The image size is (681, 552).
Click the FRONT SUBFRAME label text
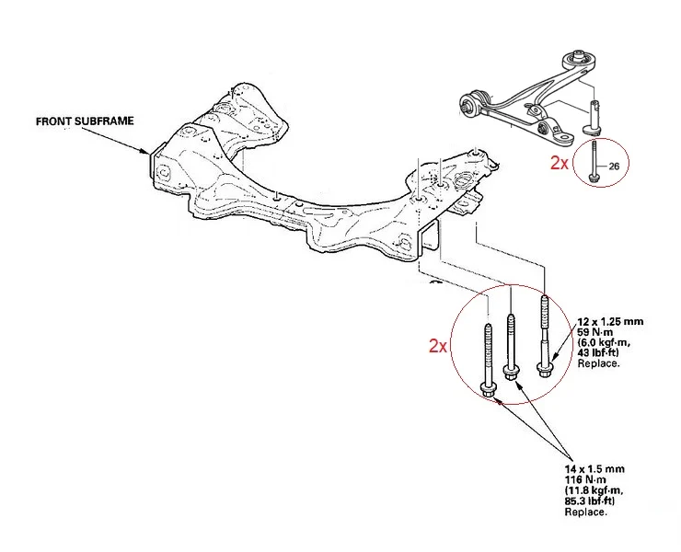(x=85, y=121)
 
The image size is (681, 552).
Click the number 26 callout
(x=614, y=166)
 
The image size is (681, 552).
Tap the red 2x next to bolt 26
(x=560, y=163)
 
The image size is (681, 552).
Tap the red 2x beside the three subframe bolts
(x=438, y=346)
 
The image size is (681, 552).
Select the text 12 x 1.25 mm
(x=610, y=322)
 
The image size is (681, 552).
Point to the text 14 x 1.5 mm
(x=594, y=469)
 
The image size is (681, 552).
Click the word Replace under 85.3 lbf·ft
(x=585, y=512)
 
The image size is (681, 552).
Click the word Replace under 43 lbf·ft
(x=598, y=363)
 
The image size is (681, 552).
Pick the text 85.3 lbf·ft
(x=590, y=501)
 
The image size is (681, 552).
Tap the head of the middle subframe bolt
(x=511, y=374)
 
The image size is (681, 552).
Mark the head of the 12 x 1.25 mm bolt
(x=544, y=371)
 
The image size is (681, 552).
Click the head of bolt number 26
(x=593, y=178)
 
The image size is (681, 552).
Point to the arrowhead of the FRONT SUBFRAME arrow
(x=146, y=152)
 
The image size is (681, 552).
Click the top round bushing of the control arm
(x=578, y=59)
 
